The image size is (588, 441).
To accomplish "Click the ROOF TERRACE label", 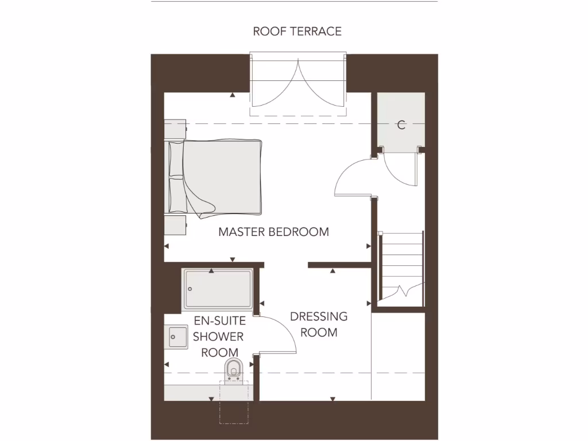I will point(297,31).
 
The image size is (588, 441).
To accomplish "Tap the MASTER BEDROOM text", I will point(273,232).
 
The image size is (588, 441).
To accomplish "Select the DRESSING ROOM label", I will point(319,324).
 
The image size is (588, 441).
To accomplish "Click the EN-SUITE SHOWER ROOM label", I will point(219,336).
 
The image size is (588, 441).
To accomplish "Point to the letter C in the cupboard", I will point(401,125).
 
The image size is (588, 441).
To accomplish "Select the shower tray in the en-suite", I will point(218,289).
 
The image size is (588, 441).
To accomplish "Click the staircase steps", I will point(403,258).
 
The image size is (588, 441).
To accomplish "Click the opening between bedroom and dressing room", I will point(285,265).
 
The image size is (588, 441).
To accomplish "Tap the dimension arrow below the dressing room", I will point(332,398).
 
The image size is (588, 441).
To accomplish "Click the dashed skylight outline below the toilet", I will point(234,411).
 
